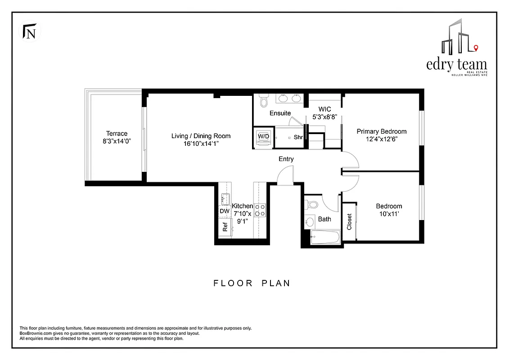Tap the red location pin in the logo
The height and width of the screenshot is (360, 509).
[476, 48]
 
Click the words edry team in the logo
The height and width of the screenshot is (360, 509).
[456, 64]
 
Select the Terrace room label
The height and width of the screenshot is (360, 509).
[117, 133]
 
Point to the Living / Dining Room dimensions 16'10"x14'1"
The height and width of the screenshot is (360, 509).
[201, 144]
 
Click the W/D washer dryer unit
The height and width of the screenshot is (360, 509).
[263, 137]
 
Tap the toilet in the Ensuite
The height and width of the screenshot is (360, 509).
[263, 101]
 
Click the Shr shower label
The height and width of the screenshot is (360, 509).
[298, 137]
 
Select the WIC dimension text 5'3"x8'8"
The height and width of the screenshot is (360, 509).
[324, 117]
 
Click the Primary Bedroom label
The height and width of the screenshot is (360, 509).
[381, 131]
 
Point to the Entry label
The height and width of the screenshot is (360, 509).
[286, 159]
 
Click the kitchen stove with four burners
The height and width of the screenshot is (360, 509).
[260, 210]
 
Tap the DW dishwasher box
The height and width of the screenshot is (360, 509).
[224, 211]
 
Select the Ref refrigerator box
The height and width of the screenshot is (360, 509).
[225, 227]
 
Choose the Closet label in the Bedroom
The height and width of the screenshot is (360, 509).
[349, 221]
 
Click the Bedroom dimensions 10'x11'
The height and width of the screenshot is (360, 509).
[389, 215]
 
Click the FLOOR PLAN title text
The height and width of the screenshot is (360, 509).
[252, 283]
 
